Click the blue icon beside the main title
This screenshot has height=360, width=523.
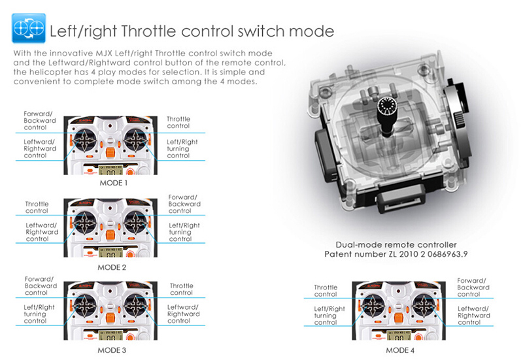click(29, 28)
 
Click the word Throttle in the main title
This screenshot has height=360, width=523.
click(148, 31)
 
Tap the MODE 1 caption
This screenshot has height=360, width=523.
click(113, 183)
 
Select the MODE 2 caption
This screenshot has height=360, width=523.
click(112, 267)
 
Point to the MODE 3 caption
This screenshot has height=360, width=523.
click(112, 350)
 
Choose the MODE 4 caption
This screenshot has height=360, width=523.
click(400, 350)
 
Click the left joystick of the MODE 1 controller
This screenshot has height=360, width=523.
click(85, 140)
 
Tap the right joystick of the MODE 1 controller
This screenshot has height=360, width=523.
click(135, 140)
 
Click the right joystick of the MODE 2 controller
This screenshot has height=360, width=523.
click(135, 223)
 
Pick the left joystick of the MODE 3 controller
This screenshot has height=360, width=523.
click(85, 305)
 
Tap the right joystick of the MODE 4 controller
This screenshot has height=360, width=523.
click(424, 305)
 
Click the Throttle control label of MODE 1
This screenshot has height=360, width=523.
click(178, 122)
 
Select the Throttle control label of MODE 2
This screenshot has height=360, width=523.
click(37, 207)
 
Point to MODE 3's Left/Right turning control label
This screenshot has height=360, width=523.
click(39, 314)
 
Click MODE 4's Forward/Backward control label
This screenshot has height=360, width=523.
click(473, 287)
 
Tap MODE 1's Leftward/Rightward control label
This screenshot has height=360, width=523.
click(40, 149)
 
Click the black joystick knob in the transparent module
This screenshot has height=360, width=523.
click(387, 115)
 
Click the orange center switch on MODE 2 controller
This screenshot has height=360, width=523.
click(110, 235)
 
